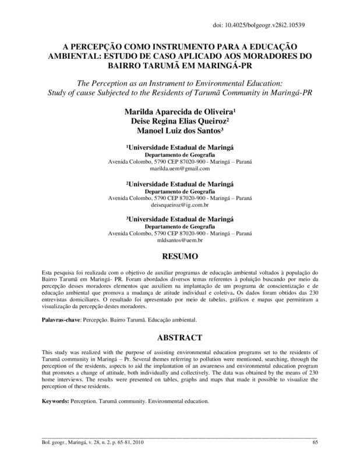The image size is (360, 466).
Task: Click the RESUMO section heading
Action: point(181,257)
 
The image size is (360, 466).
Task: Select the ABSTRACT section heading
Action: point(181,338)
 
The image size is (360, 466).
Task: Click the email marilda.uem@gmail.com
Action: point(179,168)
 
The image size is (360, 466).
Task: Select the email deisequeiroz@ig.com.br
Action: point(179,206)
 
